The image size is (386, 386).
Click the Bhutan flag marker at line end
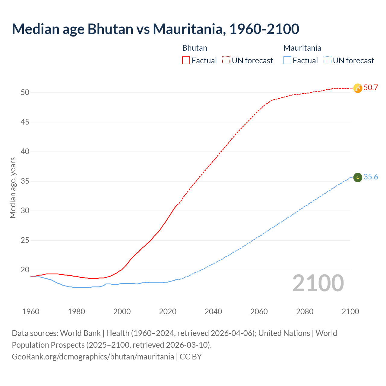[358, 88]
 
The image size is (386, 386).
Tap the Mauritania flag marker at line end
[358, 178]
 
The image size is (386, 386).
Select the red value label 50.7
[371, 88]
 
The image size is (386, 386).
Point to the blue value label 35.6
[371, 177]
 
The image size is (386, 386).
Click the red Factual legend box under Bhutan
[186, 61]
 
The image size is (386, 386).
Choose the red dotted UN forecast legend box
[226, 61]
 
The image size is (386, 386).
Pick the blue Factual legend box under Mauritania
[287, 61]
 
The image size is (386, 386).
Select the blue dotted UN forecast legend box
[327, 61]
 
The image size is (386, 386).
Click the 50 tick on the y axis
[25, 93]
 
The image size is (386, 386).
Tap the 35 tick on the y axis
[25, 181]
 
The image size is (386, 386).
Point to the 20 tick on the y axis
[25, 270]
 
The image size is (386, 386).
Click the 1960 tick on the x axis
[31, 312]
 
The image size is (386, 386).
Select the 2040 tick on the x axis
[213, 312]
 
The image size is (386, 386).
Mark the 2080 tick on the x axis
[305, 312]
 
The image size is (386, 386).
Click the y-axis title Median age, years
[13, 188]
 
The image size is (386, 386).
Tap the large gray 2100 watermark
[318, 283]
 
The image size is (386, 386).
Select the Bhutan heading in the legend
[195, 48]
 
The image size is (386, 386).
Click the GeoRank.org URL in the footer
[93, 357]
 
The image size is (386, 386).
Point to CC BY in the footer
[191, 357]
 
